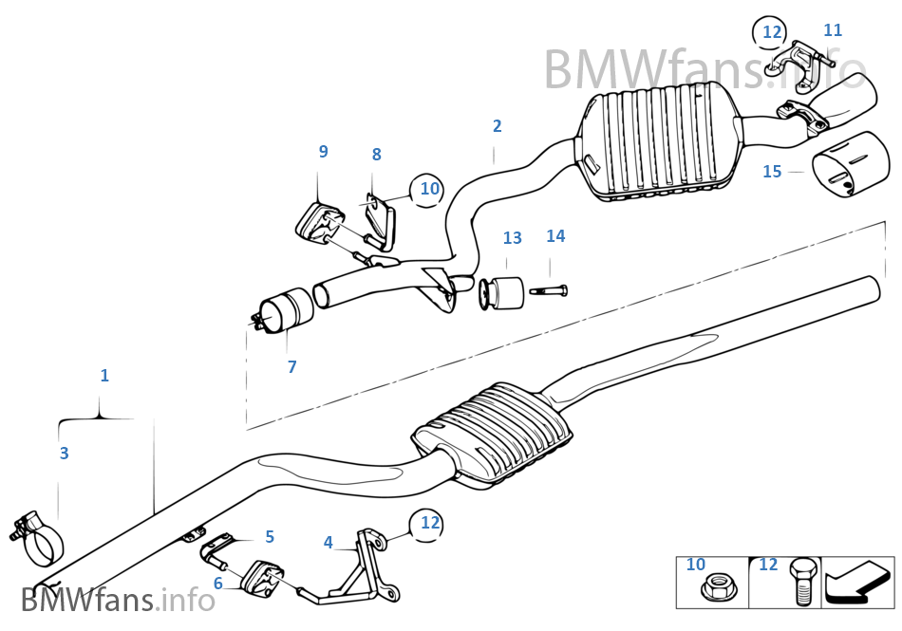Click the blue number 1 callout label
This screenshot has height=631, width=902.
pos(104,376)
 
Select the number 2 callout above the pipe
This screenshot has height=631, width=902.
pos(497,126)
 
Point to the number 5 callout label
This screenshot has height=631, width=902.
pos(270,537)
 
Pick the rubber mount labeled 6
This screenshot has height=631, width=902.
pos(263,581)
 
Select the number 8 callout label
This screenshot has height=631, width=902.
pos(376,154)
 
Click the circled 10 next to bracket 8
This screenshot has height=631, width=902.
pos(429,189)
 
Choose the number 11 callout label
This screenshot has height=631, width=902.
pos(833,30)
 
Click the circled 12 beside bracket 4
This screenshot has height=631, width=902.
pos(430,522)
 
